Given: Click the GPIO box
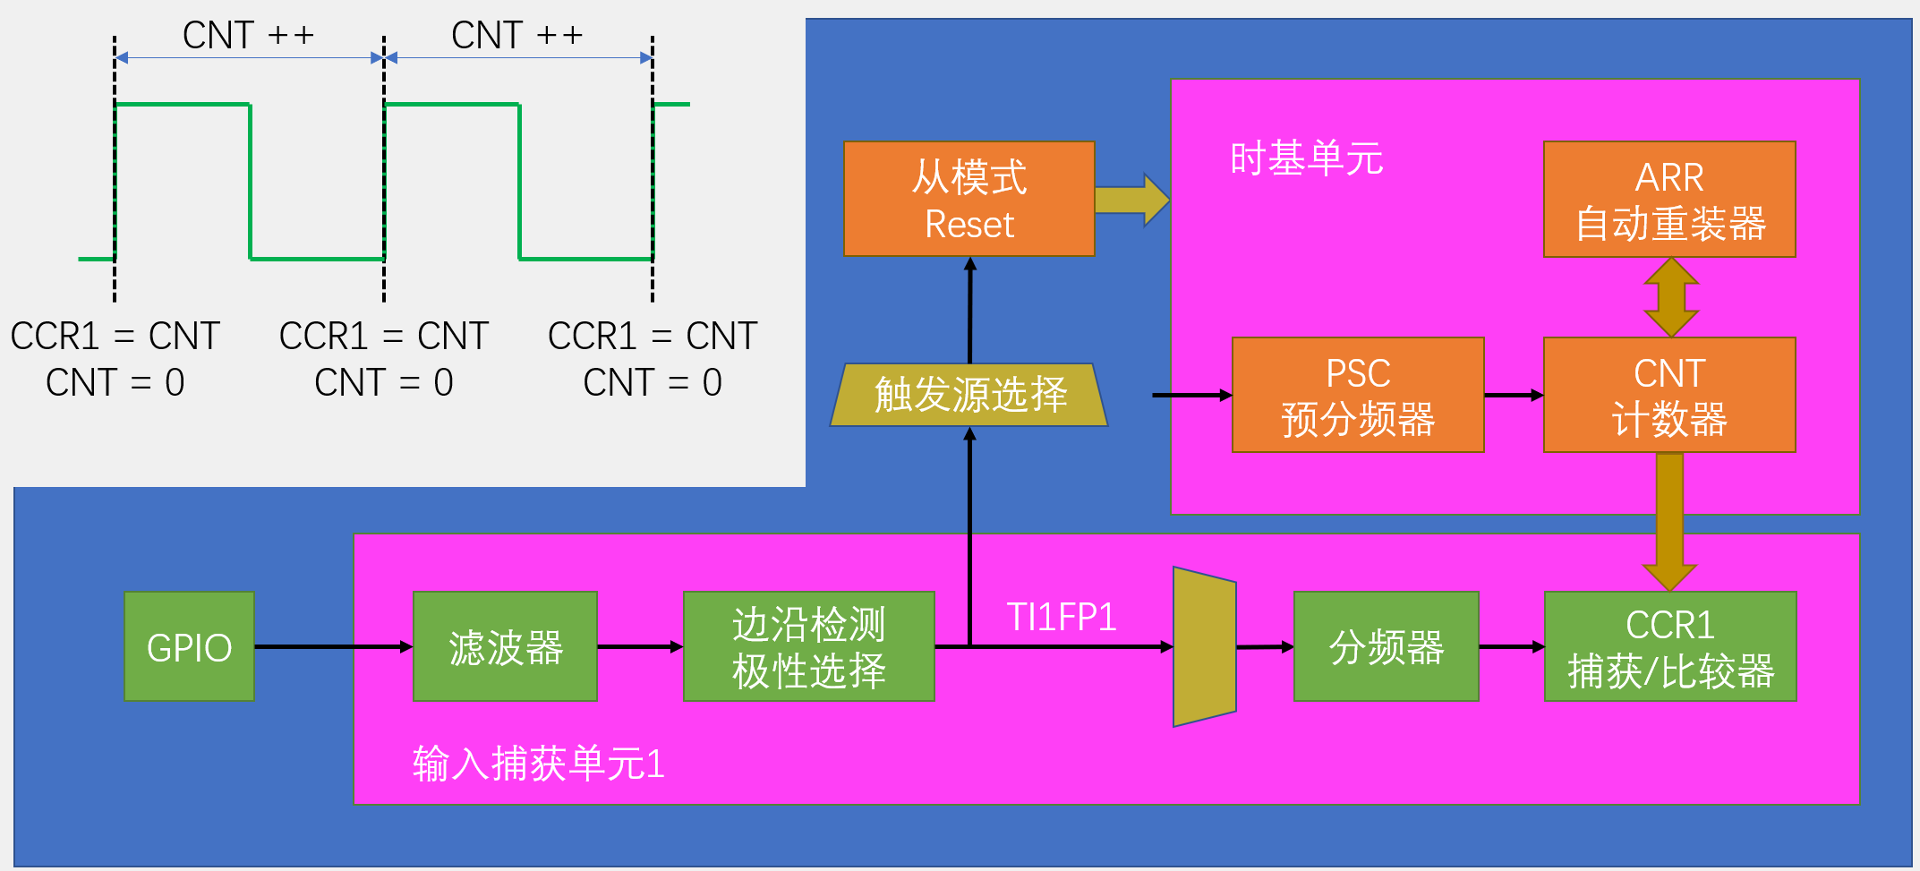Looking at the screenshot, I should pyautogui.click(x=189, y=646).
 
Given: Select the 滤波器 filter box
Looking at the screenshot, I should pyautogui.click(x=505, y=646).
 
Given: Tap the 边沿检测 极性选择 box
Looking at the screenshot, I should pyautogui.click(x=808, y=646).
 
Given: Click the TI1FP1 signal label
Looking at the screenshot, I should pyautogui.click(x=1062, y=617).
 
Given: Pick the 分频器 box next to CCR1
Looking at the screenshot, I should pyautogui.click(x=1386, y=646).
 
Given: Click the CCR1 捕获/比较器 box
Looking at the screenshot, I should pyautogui.click(x=1670, y=646).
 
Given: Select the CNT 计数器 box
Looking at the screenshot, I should pyautogui.click(x=1669, y=395).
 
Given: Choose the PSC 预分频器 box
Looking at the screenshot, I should pyautogui.click(x=1358, y=395).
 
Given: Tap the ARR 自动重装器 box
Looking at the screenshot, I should pyautogui.click(x=1669, y=199).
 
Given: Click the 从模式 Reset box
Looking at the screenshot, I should pyautogui.click(x=969, y=199).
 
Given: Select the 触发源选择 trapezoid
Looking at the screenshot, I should pyautogui.click(x=969, y=394).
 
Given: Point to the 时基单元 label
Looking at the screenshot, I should pyautogui.click(x=1306, y=158).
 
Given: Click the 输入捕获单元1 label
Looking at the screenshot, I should pyautogui.click(x=538, y=764).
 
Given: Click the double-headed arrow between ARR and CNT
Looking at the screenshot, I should pyautogui.click(x=1671, y=297).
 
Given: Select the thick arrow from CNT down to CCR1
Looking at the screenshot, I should pyautogui.click(x=1669, y=519).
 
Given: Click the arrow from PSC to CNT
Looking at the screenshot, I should pyautogui.click(x=1514, y=395).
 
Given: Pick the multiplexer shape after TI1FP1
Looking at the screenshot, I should pyautogui.click(x=1205, y=646).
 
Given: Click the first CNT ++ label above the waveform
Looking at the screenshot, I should pyautogui.click(x=248, y=36).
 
